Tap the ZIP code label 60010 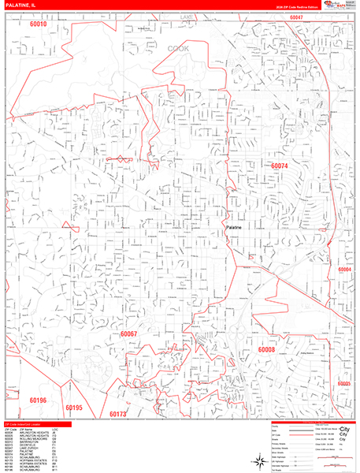[39, 24]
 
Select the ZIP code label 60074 [279, 166]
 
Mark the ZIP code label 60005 [345, 382]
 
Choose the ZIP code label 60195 [74, 408]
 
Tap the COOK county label [179, 47]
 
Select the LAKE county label [186, 17]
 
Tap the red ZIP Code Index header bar [36, 424]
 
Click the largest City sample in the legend [344, 430]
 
